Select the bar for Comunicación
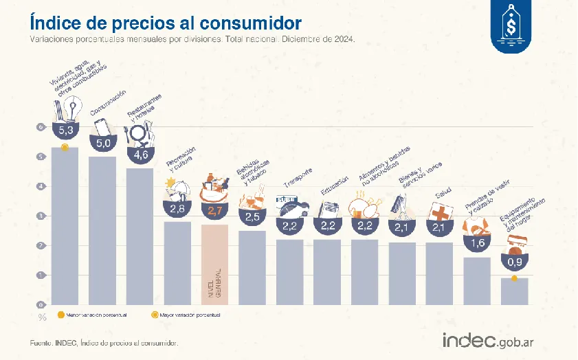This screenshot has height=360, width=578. pos(102,230)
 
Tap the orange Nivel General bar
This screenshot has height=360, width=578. pos(214,265)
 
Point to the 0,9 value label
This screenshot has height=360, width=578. pos(515,262)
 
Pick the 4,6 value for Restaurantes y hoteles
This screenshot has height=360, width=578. pos(141,155)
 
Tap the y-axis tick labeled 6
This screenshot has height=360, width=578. pos(41,127)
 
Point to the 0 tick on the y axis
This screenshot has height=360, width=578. pos(41,304)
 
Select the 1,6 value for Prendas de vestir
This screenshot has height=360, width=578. pos(477,242)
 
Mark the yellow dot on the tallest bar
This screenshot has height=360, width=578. pos(65,147)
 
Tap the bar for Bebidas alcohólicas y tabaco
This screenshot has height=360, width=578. pos(252,267)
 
